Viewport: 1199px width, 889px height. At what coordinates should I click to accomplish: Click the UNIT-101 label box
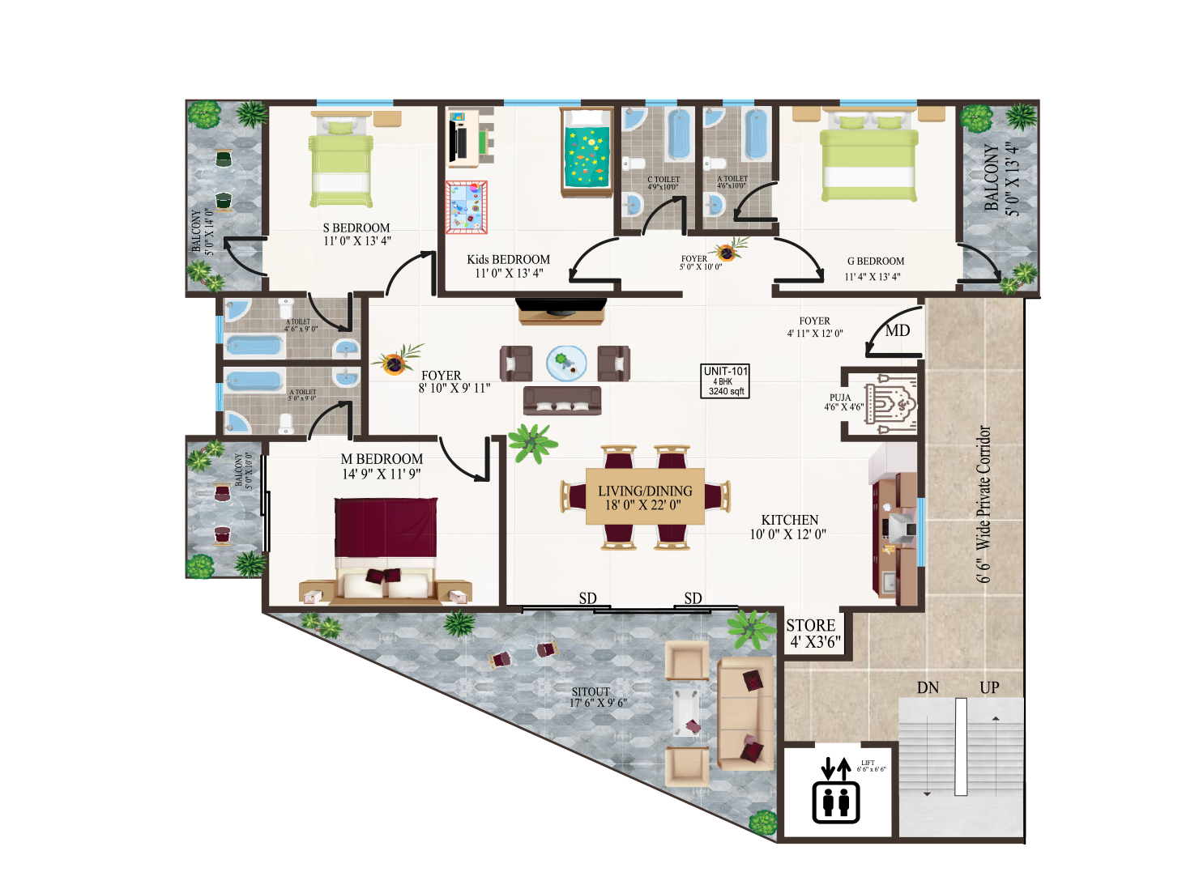(x=725, y=381)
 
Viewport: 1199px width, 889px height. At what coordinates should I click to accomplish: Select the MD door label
(x=897, y=330)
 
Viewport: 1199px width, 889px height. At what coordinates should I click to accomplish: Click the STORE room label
(x=813, y=633)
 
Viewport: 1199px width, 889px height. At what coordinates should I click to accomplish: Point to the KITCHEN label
(x=789, y=526)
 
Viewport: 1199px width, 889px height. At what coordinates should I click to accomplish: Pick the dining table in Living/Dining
(x=645, y=496)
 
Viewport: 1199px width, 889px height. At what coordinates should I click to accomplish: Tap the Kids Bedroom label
(x=508, y=266)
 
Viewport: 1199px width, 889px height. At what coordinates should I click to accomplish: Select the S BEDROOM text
(x=356, y=234)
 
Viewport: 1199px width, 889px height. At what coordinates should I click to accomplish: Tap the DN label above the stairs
(x=928, y=687)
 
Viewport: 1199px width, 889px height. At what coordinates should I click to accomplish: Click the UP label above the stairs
(x=989, y=687)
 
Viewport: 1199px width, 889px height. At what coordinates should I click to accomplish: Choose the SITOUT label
(x=591, y=696)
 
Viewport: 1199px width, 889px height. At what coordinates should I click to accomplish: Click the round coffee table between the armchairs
(x=566, y=361)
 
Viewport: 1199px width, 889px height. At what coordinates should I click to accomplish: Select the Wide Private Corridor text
(x=984, y=504)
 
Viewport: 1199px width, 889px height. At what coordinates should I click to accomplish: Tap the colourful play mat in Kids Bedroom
(x=467, y=207)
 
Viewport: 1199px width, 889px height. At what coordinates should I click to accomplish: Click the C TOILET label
(x=664, y=183)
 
